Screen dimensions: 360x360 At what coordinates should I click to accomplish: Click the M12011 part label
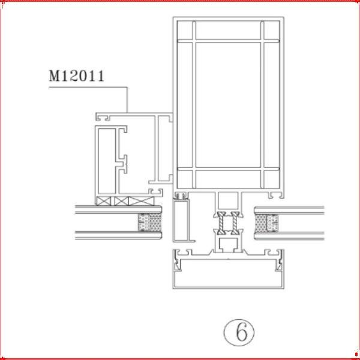pyautogui.click(x=76, y=76)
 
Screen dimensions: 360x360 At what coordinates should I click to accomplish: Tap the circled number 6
pyautogui.click(x=239, y=332)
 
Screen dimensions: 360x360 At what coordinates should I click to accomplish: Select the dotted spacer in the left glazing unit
pyautogui.click(x=149, y=222)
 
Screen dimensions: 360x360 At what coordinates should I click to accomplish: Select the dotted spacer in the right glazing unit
pyautogui.click(x=266, y=223)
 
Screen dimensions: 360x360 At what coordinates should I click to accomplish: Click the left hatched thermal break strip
pyautogui.click(x=221, y=223)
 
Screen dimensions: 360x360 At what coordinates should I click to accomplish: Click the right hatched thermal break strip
pyautogui.click(x=235, y=223)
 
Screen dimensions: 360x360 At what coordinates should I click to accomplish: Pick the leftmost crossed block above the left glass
pyautogui.click(x=104, y=201)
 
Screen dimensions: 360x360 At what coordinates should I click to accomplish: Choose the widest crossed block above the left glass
pyautogui.click(x=141, y=201)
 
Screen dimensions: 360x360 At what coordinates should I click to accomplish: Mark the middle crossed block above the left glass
pyautogui.click(x=121, y=201)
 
